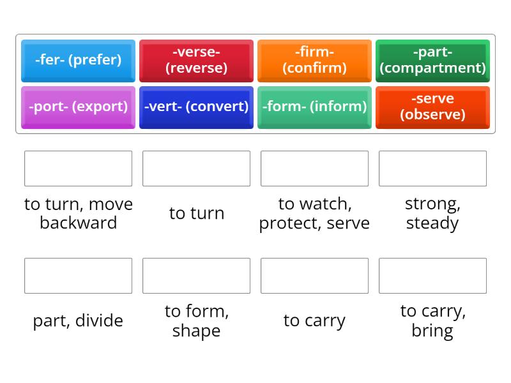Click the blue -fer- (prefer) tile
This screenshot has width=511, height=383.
(x=78, y=60)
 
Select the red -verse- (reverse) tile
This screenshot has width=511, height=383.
(x=196, y=60)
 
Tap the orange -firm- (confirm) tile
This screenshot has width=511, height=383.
(x=314, y=60)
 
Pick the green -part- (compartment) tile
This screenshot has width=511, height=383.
(x=432, y=60)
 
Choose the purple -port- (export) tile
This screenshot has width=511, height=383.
(x=78, y=107)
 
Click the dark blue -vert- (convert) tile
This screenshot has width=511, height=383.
(x=196, y=107)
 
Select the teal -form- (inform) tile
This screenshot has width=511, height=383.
(x=314, y=107)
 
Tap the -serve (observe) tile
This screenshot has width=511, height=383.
(x=432, y=107)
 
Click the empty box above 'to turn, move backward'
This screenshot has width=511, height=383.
(x=78, y=169)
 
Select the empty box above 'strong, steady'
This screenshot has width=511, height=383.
(x=432, y=169)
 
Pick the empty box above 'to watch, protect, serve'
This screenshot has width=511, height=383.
(x=314, y=169)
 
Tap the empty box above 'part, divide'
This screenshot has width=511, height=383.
(x=78, y=276)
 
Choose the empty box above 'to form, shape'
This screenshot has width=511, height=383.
(x=196, y=276)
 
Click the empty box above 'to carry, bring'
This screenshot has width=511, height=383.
(x=432, y=276)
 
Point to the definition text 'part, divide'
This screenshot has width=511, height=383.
(x=78, y=320)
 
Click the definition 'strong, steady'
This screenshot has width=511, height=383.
(x=432, y=213)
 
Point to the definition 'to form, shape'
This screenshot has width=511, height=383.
(x=196, y=320)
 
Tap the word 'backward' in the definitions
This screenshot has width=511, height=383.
(x=78, y=223)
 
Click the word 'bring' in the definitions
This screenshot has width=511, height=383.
(x=432, y=331)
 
